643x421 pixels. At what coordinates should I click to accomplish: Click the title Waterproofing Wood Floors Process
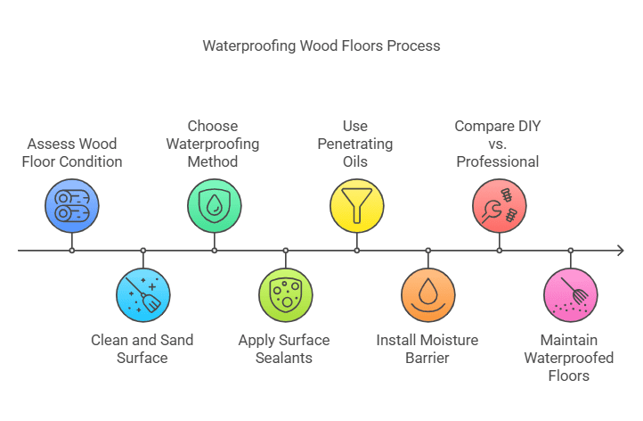[321, 45]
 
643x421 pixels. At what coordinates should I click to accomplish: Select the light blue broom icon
[143, 295]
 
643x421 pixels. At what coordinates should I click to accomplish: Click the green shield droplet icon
[215, 206]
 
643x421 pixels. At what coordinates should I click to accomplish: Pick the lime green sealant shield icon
[286, 295]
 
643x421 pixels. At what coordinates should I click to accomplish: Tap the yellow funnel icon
[357, 206]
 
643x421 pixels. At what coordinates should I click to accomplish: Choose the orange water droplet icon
[428, 295]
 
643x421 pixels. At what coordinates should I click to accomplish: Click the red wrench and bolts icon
[499, 206]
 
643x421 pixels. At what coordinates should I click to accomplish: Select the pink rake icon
[570, 295]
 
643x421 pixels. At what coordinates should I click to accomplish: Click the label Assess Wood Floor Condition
[72, 153]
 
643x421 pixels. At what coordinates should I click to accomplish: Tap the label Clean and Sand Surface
[142, 349]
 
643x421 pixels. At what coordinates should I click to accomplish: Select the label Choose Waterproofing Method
[214, 144]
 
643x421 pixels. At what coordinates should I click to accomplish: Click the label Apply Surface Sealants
[284, 349]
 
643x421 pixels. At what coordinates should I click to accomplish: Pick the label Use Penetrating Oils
[356, 144]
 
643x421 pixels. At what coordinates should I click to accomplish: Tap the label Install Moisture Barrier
[427, 349]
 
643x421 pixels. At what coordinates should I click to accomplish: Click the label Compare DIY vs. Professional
[498, 144]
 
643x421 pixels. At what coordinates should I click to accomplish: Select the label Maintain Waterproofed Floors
[569, 358]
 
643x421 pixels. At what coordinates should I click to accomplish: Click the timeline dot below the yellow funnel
[357, 251]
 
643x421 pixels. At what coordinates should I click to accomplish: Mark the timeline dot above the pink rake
[570, 251]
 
